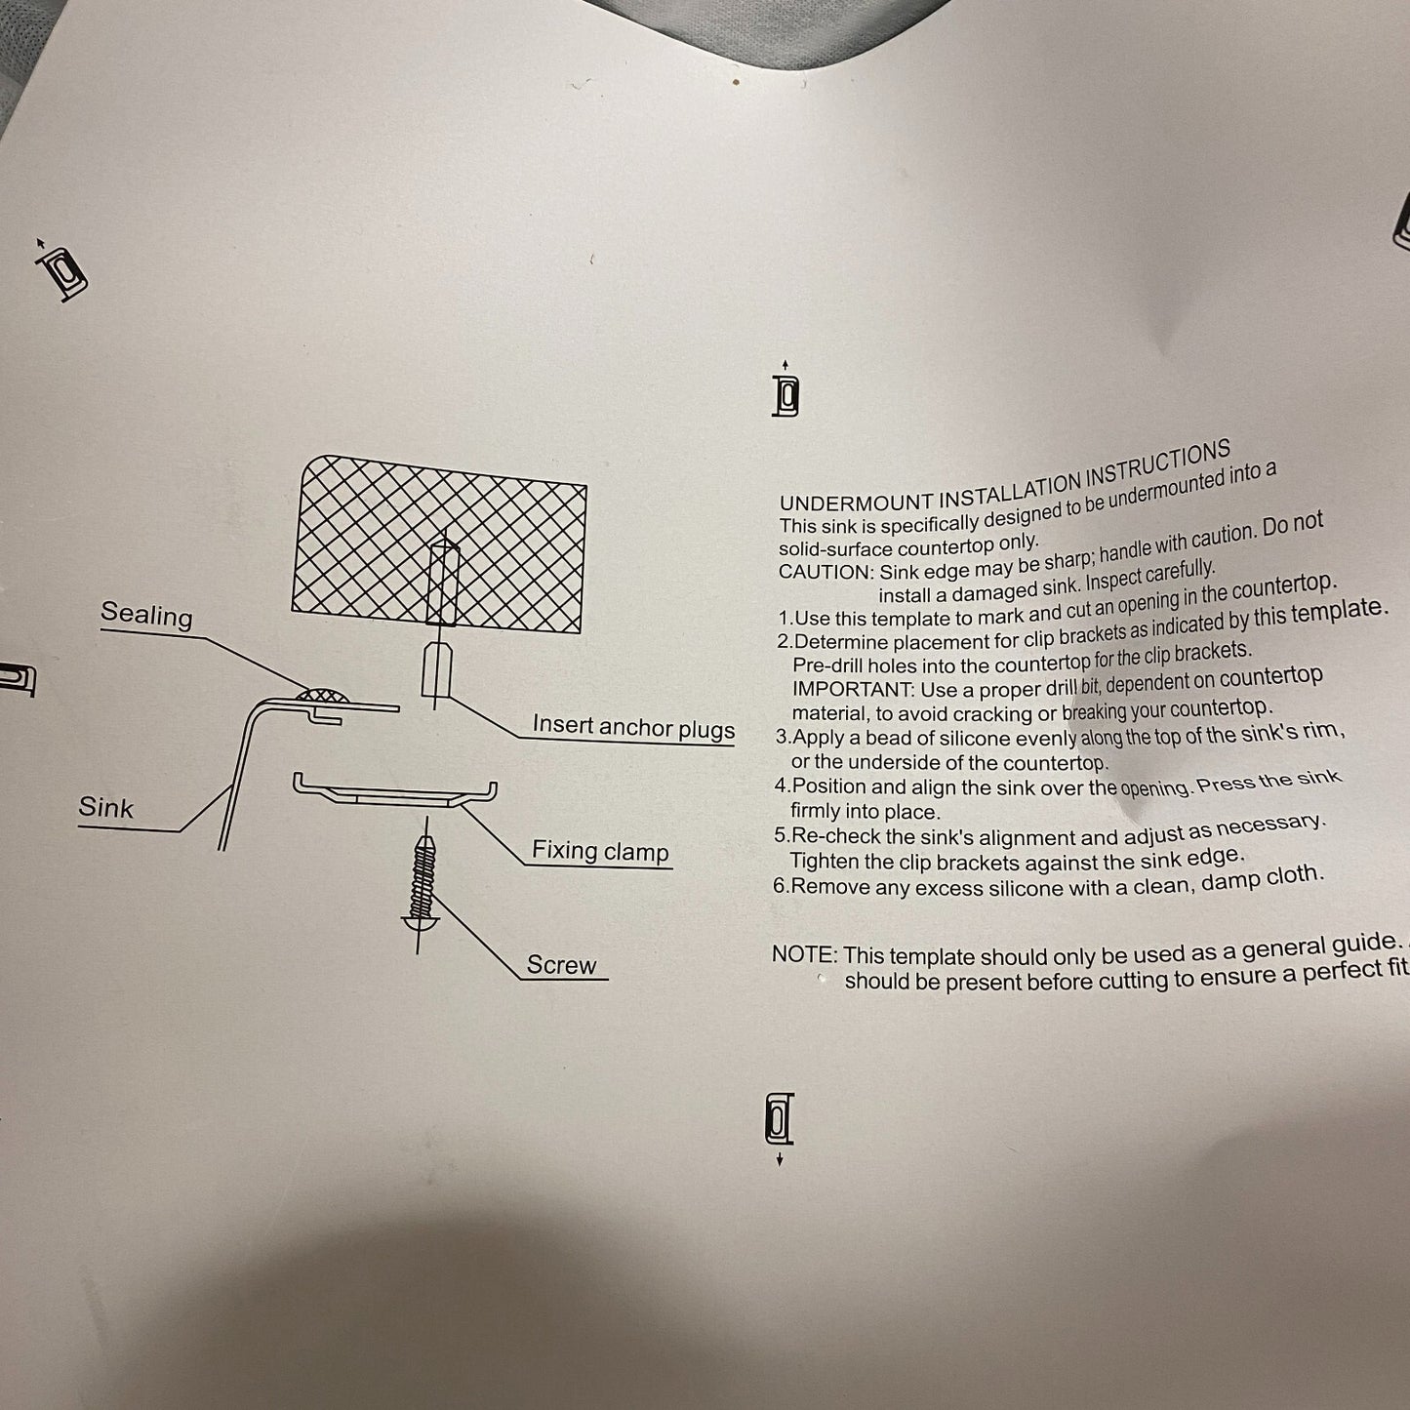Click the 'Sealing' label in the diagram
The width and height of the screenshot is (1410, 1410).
click(146, 615)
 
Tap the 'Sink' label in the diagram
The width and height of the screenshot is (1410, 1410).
click(105, 807)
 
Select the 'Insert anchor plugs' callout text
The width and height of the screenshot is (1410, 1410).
click(633, 726)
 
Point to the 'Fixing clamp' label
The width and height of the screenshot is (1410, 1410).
click(600, 851)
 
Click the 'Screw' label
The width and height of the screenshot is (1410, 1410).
click(561, 965)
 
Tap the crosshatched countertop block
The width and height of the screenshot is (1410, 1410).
click(439, 537)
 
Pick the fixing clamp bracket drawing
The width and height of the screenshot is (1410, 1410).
click(394, 789)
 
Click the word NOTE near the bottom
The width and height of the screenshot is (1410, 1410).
click(803, 954)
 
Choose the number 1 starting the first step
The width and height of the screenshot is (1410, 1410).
click(784, 619)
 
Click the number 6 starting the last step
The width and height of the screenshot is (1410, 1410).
click(781, 886)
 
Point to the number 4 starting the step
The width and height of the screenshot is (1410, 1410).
click(781, 786)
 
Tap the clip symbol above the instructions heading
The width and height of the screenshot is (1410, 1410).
click(786, 393)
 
